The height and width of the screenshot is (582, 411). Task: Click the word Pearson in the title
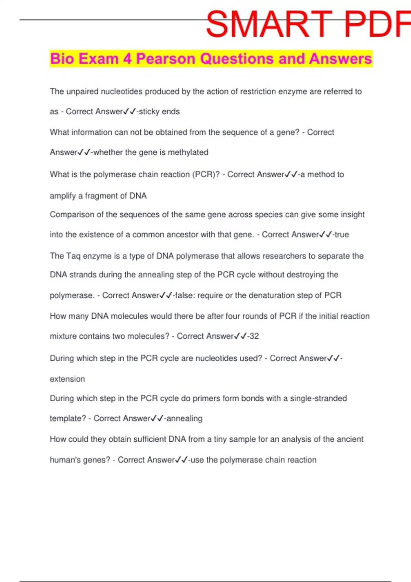165,59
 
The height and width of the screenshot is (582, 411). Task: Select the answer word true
341,235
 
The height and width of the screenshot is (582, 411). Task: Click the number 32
254,336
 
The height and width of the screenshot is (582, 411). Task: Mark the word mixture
63,336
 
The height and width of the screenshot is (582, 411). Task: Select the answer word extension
67,379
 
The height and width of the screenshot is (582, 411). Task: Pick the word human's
65,460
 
